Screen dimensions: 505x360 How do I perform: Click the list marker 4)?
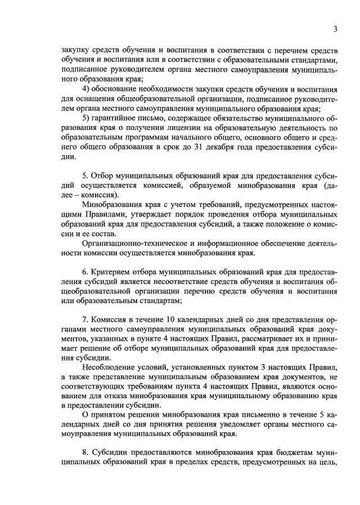click(x=87, y=89)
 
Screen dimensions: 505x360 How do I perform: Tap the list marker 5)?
click(x=87, y=118)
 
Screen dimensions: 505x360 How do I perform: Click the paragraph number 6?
click(x=85, y=270)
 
